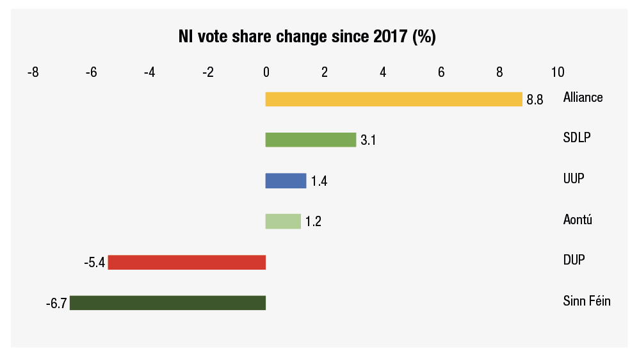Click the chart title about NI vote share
coord(307,37)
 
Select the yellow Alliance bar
coord(394,99)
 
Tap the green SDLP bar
coord(311,140)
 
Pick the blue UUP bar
coord(286,181)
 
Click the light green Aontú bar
coord(283,221)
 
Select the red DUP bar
coord(186,262)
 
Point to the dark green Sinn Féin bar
coord(167,302)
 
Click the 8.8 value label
coord(535,101)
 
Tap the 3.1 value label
coord(368,141)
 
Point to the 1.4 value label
coord(319,182)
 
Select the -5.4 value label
coord(94,263)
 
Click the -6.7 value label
coord(56,304)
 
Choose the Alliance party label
coord(583,98)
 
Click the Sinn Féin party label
coord(586,301)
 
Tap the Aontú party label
coord(578,220)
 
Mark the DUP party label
coord(574,260)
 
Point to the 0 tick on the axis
coord(266,72)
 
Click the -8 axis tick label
coord(33,72)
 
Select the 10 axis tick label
coord(558,72)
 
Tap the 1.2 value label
coord(313,222)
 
